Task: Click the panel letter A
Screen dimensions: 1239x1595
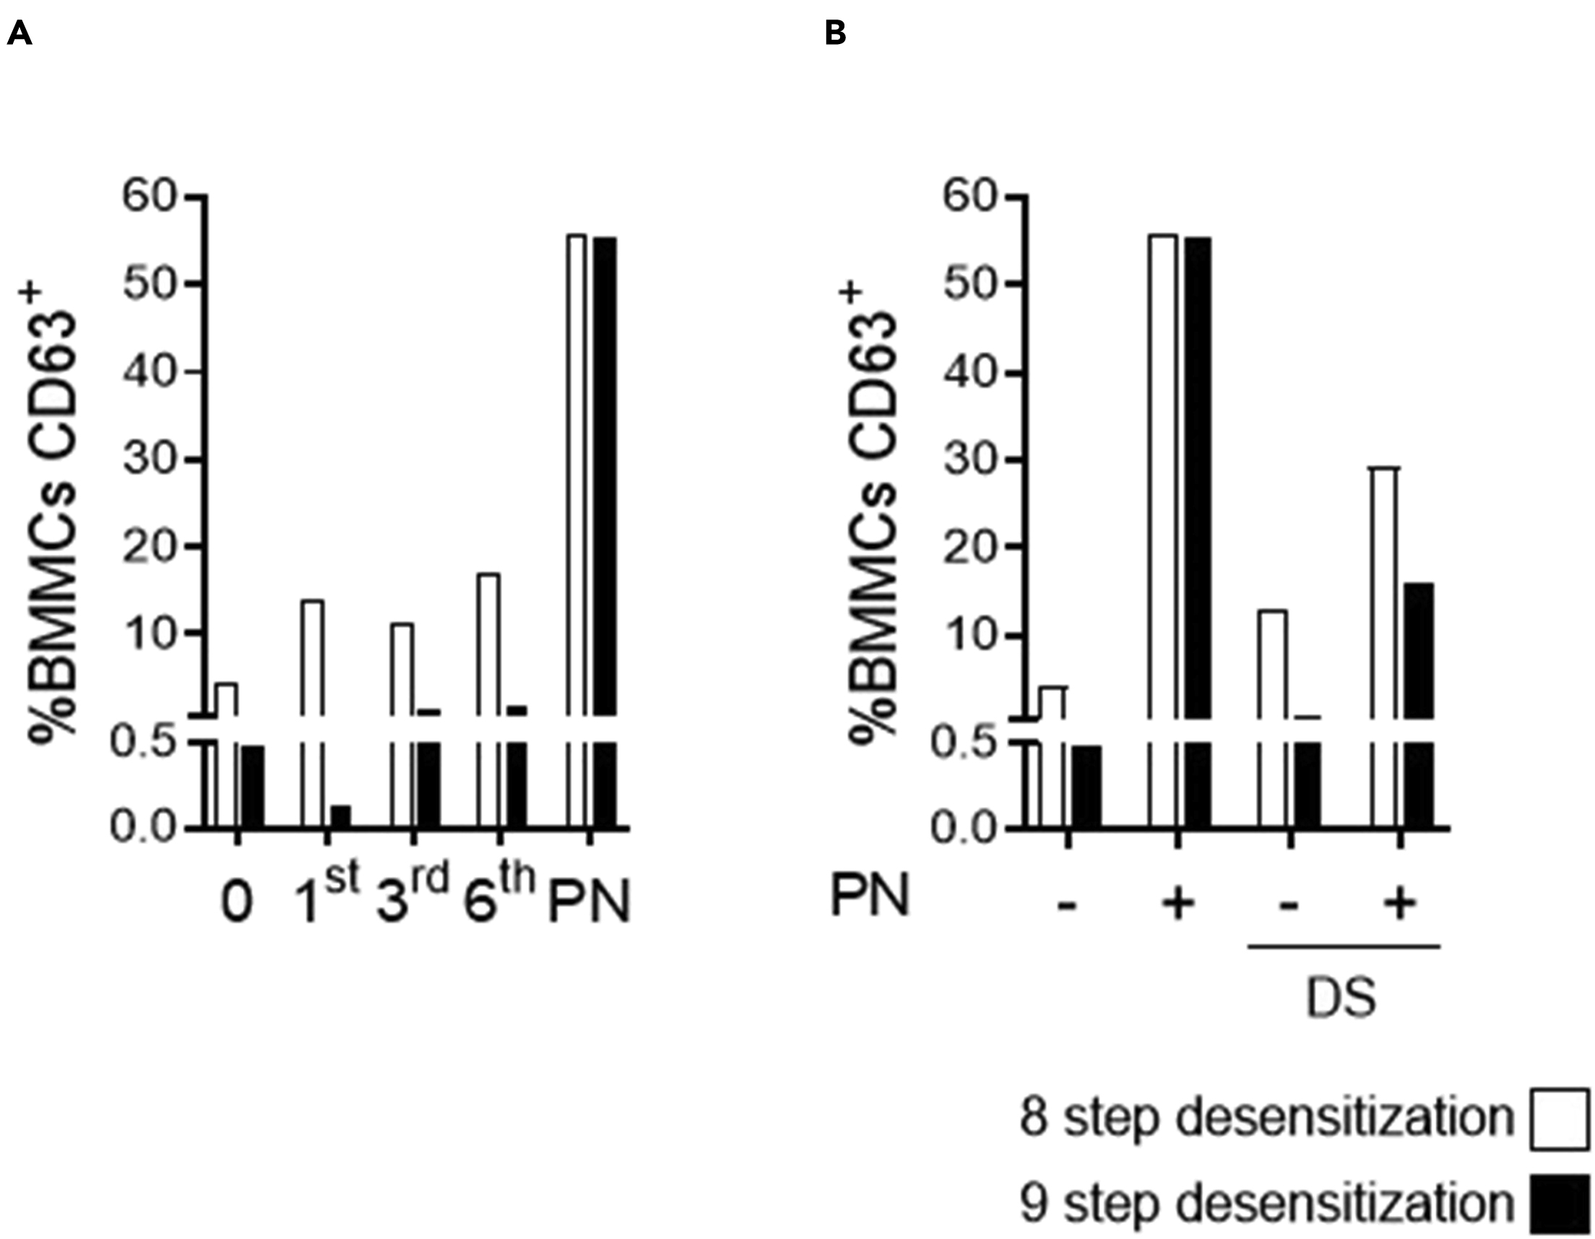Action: coord(19,34)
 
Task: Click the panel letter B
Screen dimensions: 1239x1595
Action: coord(836,34)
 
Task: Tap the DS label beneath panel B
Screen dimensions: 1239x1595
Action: coord(1341,999)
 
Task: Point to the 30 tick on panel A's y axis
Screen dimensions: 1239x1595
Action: coord(149,460)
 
